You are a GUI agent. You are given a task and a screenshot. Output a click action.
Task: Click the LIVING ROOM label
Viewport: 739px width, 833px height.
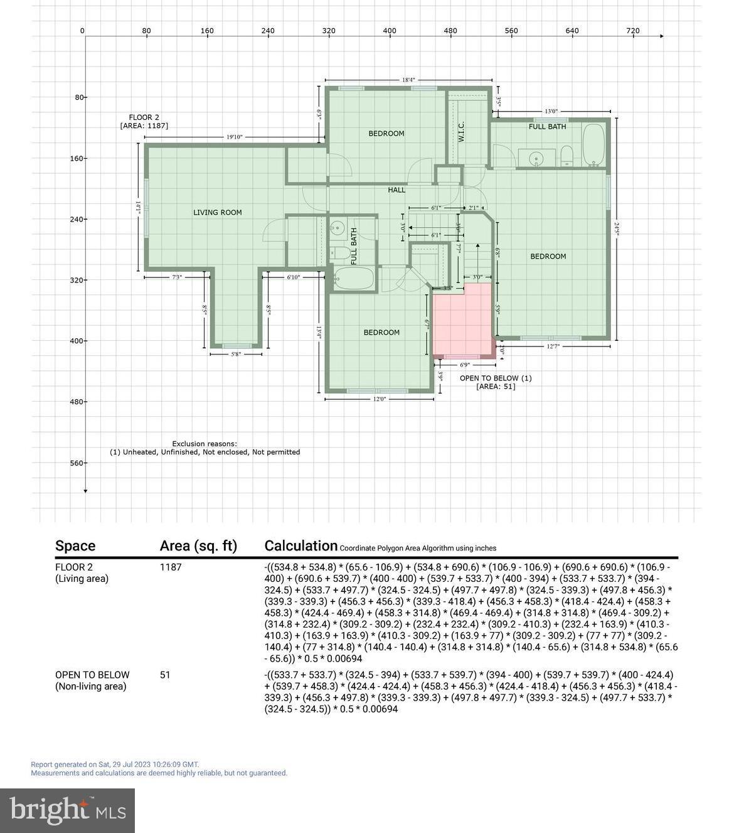(x=217, y=212)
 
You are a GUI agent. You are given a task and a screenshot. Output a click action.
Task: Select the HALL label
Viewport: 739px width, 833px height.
(x=396, y=190)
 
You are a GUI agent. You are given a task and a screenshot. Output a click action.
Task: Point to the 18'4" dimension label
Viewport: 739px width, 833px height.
(x=408, y=80)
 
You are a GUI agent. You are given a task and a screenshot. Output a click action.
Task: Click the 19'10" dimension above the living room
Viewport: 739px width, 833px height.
(x=234, y=137)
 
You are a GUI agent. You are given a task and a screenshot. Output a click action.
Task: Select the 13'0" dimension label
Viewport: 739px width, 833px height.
(x=551, y=111)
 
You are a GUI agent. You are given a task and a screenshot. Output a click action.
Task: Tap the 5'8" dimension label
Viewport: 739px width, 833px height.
(x=236, y=354)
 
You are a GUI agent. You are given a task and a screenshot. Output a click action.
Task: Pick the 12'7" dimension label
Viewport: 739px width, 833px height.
(x=553, y=346)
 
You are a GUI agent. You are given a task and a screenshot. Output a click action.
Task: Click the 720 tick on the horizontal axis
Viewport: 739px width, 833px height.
(x=633, y=30)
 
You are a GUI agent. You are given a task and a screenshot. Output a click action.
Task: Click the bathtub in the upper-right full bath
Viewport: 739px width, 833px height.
(x=593, y=146)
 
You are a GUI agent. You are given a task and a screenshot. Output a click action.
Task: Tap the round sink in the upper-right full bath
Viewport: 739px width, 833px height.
(x=535, y=158)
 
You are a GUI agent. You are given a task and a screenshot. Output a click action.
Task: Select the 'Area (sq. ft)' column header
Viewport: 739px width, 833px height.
(x=198, y=546)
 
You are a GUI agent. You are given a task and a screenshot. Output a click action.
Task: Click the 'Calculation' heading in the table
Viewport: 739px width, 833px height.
(x=300, y=545)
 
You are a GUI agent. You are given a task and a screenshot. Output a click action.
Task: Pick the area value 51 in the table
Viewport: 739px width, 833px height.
(x=165, y=675)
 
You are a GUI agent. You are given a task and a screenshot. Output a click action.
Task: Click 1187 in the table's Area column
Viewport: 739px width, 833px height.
(x=171, y=567)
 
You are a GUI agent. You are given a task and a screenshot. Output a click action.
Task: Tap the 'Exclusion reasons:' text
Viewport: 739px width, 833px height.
(x=205, y=444)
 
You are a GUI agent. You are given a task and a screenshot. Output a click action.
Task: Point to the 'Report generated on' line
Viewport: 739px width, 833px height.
(x=115, y=765)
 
